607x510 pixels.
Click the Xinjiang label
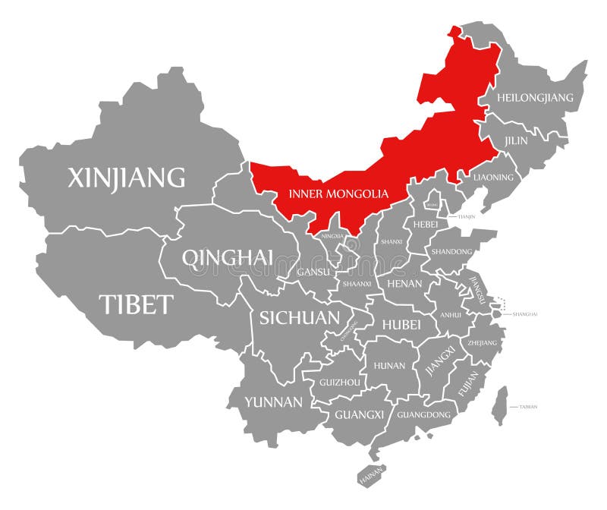tap(126, 177)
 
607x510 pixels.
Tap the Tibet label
tap(137, 304)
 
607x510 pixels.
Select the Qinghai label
tap(227, 258)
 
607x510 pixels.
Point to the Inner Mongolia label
tap(338, 194)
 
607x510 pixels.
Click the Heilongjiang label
tap(536, 98)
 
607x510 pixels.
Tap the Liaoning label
tap(494, 178)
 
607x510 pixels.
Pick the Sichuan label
tap(300, 317)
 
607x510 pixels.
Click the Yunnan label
tap(273, 401)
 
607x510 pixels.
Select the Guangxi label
tap(360, 414)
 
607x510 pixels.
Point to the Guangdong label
tap(424, 415)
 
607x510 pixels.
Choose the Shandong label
tap(452, 251)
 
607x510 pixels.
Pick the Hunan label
tap(390, 366)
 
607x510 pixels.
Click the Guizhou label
tap(339, 382)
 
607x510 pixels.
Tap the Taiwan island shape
tap(499, 405)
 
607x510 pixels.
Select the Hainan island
tap(371, 474)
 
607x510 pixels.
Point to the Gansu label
tap(311, 271)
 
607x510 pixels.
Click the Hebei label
tap(426, 224)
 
